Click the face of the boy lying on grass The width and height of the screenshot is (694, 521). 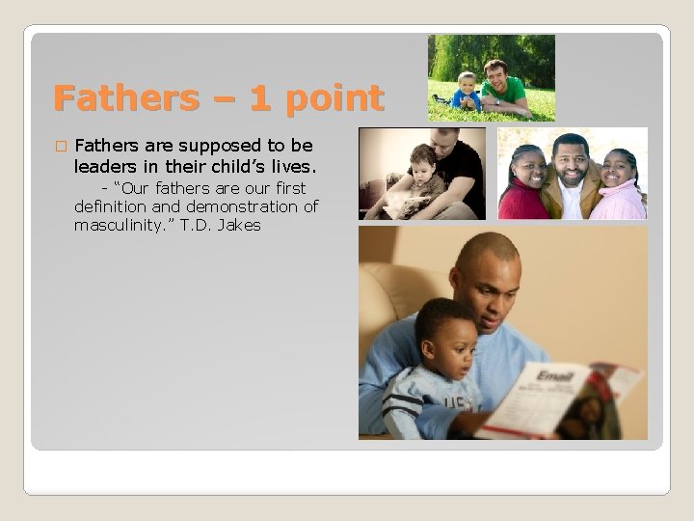(467, 85)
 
